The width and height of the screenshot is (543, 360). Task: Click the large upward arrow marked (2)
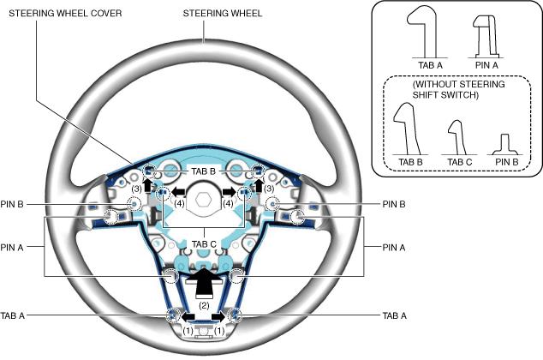coord(204,284)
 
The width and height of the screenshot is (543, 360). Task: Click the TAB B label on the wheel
coord(204,170)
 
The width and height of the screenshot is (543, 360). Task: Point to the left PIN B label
coord(17,204)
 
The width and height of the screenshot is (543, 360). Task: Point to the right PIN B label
coord(392,204)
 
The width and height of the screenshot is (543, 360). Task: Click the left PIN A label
coord(17,247)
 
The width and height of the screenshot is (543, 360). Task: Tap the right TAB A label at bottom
coord(392,315)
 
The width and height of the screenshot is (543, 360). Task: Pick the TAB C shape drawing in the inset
coord(456,135)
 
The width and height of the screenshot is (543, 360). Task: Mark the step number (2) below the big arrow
coord(204,304)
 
